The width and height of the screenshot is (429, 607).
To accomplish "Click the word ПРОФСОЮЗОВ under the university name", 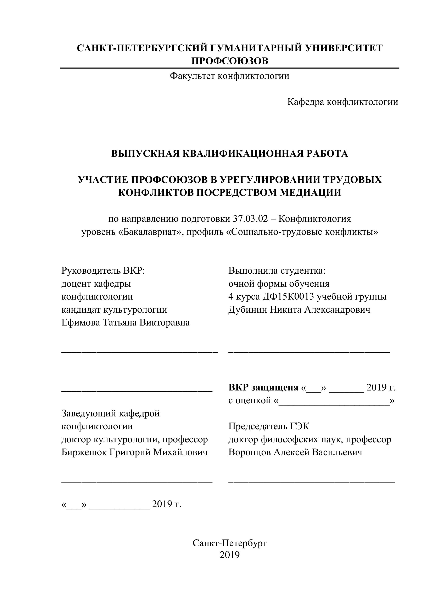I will pos(230,61).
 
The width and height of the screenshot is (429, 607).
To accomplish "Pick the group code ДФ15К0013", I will pos(288,297).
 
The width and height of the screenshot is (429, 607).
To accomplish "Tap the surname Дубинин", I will pos(247,310).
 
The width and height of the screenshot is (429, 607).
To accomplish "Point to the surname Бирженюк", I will pos(84,452).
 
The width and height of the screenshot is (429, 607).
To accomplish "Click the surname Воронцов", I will pos(249,452).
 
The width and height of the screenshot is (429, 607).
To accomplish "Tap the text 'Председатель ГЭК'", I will pos(269,426).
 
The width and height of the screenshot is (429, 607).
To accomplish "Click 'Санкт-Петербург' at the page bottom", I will pos(230,543).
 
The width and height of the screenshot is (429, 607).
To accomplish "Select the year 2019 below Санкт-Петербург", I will pos(230,555).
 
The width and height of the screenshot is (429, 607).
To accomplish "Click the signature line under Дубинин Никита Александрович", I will pos(309,352).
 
